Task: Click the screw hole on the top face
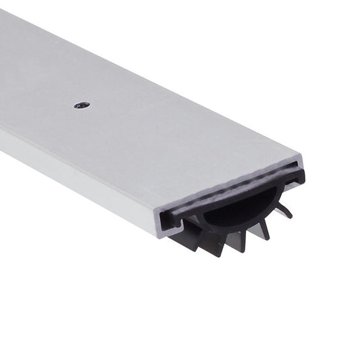(x=82, y=105)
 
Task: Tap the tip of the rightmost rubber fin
(x=291, y=216)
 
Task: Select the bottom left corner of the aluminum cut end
(x=161, y=236)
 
